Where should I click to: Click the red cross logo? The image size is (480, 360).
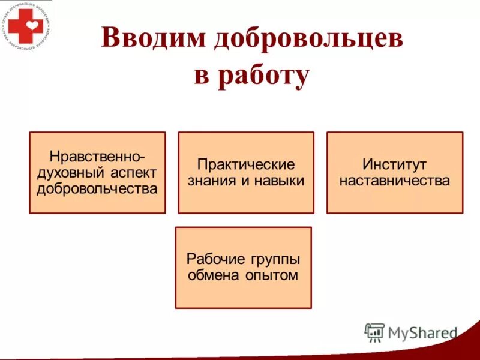click(25, 25)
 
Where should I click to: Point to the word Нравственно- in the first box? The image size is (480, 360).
click(97, 157)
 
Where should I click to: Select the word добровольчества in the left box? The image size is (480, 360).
click(97, 189)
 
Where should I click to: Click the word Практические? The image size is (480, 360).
click(246, 164)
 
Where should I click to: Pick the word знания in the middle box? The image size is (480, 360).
click(209, 180)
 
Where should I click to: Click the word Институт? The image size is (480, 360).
click(394, 164)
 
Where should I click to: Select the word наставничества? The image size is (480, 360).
click(394, 180)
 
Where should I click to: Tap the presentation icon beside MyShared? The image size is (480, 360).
click(374, 332)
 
